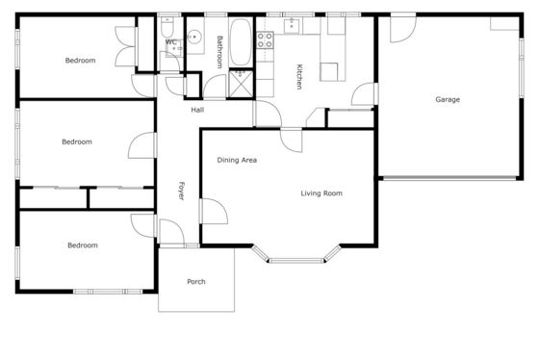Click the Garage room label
(x=448, y=100)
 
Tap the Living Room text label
(x=321, y=193)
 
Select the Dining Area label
(x=237, y=160)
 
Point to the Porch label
(x=196, y=282)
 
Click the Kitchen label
(x=299, y=77)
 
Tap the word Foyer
(x=181, y=191)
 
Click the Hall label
(x=197, y=110)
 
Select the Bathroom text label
(x=220, y=52)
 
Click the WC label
(x=171, y=42)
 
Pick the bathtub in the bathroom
(x=241, y=42)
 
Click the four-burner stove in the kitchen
(x=265, y=39)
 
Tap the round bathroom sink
(x=194, y=37)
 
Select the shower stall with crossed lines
(x=241, y=84)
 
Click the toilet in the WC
(x=167, y=27)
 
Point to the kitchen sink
(x=292, y=26)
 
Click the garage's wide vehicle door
(x=449, y=178)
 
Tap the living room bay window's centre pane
(x=296, y=261)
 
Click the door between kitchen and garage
(x=365, y=94)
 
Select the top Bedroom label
(x=81, y=61)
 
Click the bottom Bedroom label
(x=83, y=245)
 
